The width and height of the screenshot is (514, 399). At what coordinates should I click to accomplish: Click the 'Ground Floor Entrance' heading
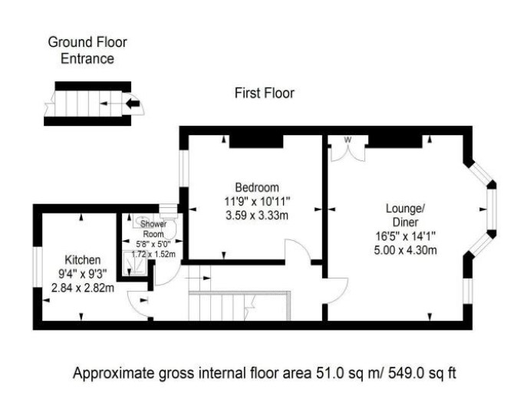pos(87,51)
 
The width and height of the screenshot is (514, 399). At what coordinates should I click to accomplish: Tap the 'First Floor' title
pos(264,93)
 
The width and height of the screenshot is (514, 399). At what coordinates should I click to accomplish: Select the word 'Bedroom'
pos(257,187)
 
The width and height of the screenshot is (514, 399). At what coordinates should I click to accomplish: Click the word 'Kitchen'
pos(83,259)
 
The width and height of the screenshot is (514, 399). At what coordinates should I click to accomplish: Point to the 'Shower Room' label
pos(153,229)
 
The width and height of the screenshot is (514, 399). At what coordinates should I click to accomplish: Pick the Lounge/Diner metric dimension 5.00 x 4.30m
pos(405,250)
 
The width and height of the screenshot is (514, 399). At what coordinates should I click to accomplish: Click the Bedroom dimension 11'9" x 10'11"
pos(257,201)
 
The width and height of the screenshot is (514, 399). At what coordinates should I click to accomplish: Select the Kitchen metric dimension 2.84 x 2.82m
pos(83,288)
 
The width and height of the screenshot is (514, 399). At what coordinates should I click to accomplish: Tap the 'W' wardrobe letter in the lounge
pos(348,140)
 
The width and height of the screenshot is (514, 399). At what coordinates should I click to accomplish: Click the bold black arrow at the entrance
pos(133,104)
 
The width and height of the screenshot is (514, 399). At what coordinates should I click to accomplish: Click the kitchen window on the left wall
pos(38,267)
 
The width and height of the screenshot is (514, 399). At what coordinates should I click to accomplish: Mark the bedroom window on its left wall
pos(184,169)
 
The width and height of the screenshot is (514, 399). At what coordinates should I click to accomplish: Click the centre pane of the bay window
pos(492,209)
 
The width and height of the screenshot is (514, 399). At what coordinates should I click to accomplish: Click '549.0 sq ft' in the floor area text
pos(422,373)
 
